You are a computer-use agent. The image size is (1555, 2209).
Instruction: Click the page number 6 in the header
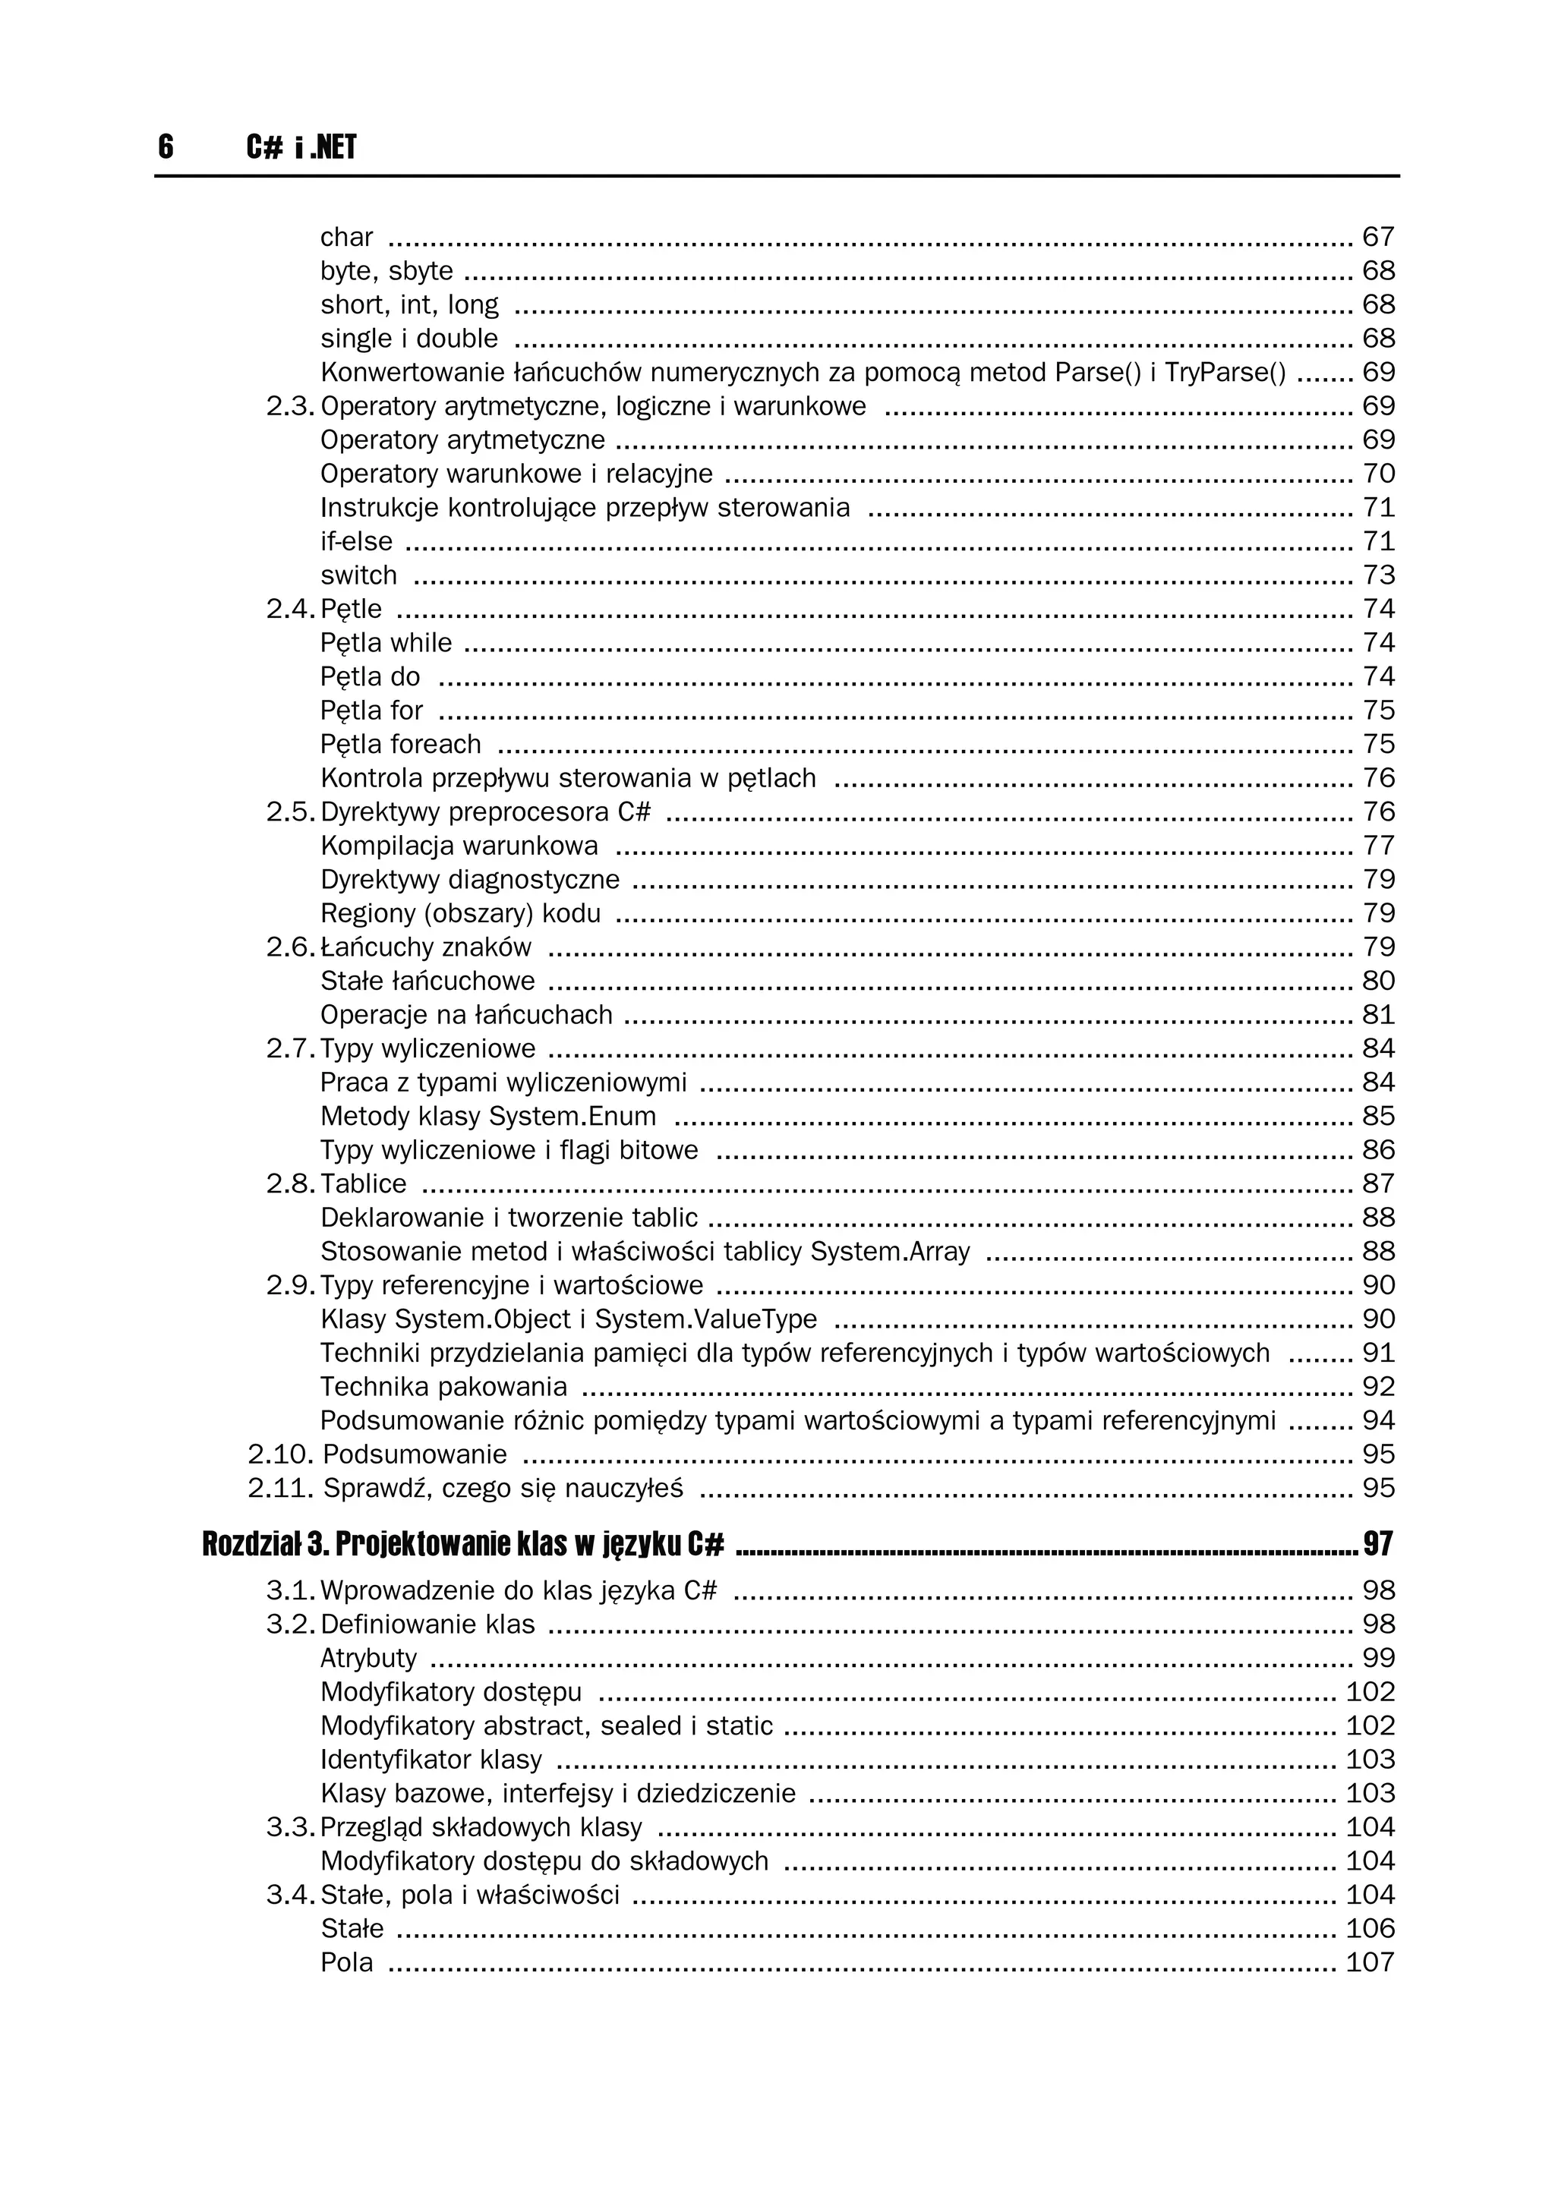[166, 147]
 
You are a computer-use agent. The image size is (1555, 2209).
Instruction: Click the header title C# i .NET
[301, 147]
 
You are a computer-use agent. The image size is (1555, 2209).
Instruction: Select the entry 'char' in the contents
[346, 237]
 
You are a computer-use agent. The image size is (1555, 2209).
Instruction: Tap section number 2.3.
[289, 406]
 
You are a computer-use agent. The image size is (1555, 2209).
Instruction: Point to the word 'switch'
[358, 575]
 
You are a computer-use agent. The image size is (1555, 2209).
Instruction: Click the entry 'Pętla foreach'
[400, 744]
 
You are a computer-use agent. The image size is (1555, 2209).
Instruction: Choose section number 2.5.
[289, 812]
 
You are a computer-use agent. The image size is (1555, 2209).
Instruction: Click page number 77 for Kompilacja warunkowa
[1378, 846]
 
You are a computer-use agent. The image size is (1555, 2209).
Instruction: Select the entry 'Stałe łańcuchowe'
[427, 982]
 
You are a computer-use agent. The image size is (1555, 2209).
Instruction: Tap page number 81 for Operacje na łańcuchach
[1378, 1015]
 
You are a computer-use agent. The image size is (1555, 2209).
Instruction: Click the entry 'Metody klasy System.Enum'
[488, 1116]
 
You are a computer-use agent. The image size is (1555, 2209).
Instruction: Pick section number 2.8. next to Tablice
[289, 1183]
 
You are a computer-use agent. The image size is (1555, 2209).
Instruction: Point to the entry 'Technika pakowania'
[443, 1386]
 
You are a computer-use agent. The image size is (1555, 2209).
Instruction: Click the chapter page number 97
[1378, 1544]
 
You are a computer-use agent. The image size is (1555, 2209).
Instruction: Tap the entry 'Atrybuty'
[368, 1658]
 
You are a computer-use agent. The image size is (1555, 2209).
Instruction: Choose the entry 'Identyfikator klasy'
[431, 1760]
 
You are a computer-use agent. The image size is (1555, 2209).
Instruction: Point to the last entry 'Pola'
[346, 1962]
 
